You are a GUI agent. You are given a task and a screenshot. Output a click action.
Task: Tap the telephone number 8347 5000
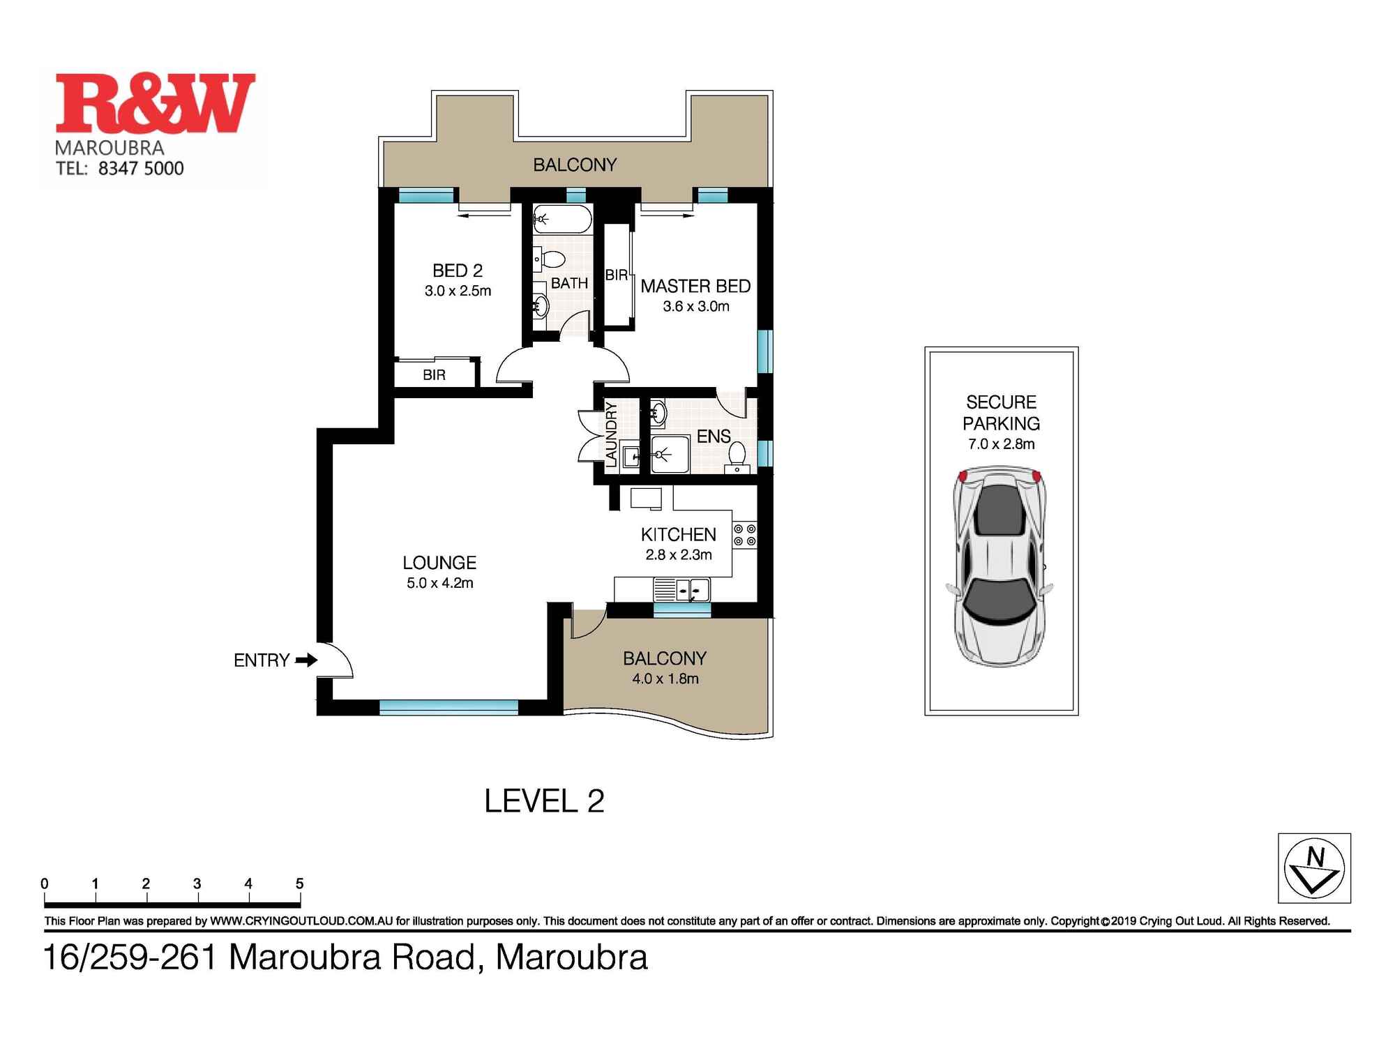pos(140,168)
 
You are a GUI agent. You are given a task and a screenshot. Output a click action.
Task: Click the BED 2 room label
pos(458,271)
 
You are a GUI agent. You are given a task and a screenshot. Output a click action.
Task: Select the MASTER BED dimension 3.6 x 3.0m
pos(695,306)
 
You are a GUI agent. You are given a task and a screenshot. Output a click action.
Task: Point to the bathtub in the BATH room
pos(562,219)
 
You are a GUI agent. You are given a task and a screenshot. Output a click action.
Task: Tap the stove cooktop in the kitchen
pos(744,535)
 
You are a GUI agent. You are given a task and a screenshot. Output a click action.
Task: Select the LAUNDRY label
pos(612,434)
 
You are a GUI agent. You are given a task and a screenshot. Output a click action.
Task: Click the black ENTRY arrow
pos(306,660)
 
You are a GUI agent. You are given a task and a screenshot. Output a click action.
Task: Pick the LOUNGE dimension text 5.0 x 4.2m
pos(439,583)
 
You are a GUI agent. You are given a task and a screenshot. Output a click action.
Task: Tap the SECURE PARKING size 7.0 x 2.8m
pos(1001,444)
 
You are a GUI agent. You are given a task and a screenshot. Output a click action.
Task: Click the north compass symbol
pos(1314,868)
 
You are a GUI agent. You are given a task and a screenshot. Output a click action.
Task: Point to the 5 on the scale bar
pos(299,884)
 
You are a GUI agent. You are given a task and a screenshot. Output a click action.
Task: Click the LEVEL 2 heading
pos(544,801)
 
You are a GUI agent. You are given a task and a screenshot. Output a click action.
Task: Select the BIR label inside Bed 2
pos(434,375)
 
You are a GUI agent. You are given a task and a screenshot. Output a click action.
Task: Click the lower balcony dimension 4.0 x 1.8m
pos(665,679)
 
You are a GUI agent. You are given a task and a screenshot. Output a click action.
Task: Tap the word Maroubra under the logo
pos(110,148)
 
